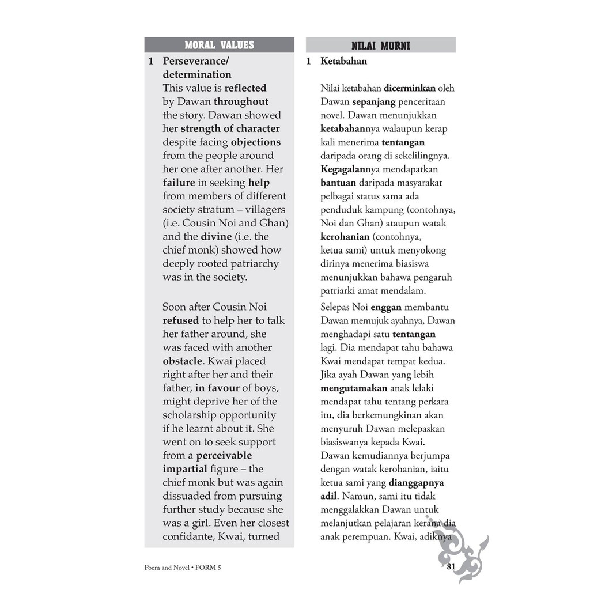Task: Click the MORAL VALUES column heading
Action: pyautogui.click(x=219, y=45)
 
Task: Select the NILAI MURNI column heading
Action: pyautogui.click(x=380, y=46)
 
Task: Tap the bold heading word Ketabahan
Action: pyautogui.click(x=343, y=61)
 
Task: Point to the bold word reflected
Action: pyautogui.click(x=245, y=88)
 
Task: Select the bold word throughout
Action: pyautogui.click(x=241, y=102)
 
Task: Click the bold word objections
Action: pyautogui.click(x=255, y=142)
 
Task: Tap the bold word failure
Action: pyautogui.click(x=179, y=183)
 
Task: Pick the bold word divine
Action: pyautogui.click(x=216, y=237)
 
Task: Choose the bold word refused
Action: pyautogui.click(x=180, y=320)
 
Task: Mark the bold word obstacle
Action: pyautogui.click(x=183, y=361)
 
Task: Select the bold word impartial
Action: pyautogui.click(x=184, y=469)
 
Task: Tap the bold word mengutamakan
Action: pyautogui.click(x=354, y=388)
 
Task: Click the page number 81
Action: pyautogui.click(x=451, y=567)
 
